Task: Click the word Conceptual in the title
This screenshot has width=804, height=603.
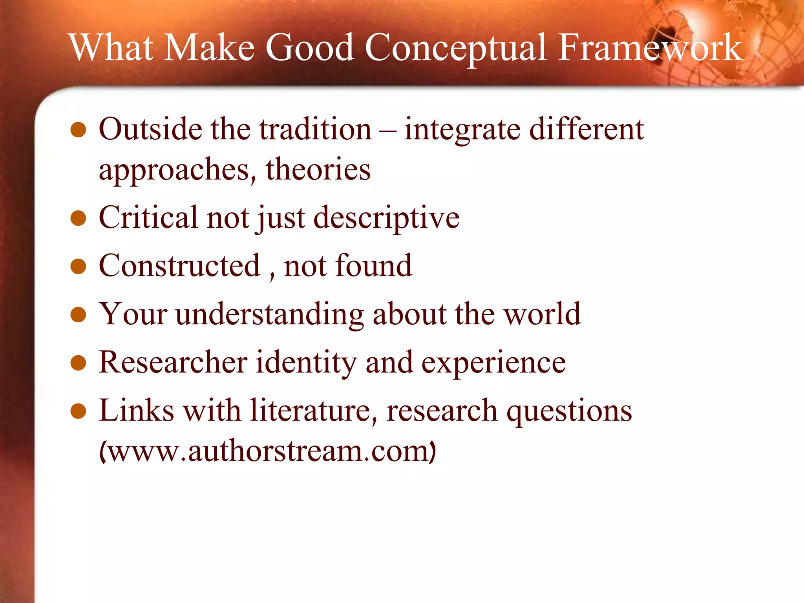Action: point(455,48)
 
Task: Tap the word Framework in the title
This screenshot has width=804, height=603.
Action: point(650,48)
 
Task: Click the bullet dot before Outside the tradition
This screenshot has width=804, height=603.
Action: point(78,130)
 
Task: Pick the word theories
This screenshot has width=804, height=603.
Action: point(318,170)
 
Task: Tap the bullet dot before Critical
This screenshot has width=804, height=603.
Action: point(78,218)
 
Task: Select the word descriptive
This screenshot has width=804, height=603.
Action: point(387,218)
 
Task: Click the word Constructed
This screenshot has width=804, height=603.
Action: point(179,266)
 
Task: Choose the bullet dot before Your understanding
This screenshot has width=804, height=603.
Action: point(78,314)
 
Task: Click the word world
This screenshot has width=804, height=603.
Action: point(542,314)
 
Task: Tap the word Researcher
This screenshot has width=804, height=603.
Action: point(173,362)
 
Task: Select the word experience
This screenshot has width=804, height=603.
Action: point(493,363)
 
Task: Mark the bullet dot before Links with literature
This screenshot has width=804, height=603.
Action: point(78,411)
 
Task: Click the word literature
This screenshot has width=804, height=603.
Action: point(310,411)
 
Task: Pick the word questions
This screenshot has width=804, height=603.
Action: point(569,411)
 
